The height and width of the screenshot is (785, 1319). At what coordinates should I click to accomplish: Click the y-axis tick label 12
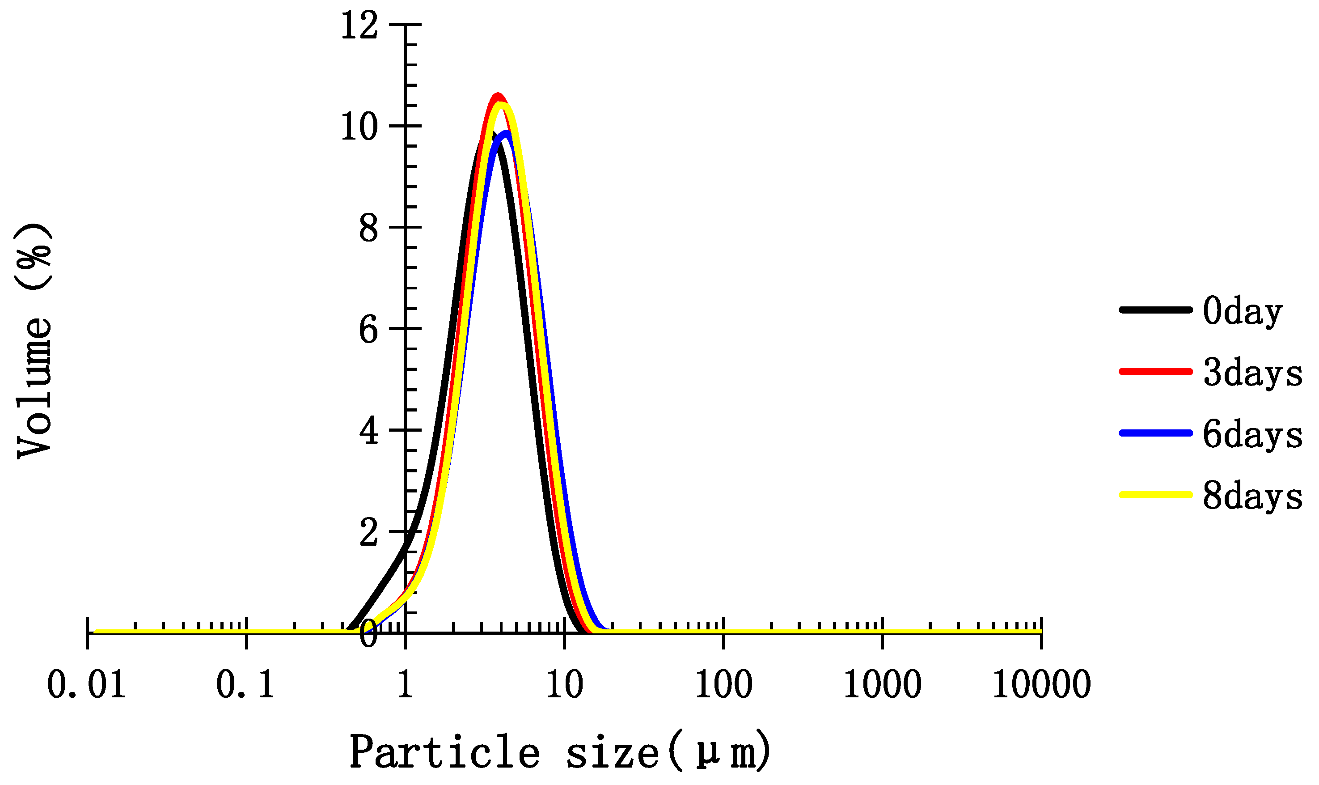click(x=359, y=25)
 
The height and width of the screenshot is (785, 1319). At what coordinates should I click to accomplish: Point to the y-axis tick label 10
click(x=359, y=127)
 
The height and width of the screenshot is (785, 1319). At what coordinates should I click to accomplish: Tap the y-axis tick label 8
click(x=368, y=229)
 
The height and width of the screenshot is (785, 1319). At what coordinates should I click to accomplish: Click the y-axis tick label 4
click(x=368, y=431)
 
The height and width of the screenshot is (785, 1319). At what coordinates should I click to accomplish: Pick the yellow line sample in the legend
click(x=1155, y=495)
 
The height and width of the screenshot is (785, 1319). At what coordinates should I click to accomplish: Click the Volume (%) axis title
click(x=34, y=341)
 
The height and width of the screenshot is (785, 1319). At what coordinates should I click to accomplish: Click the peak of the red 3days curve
click(x=497, y=95)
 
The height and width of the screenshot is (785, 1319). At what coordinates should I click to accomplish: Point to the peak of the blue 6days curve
click(x=507, y=133)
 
